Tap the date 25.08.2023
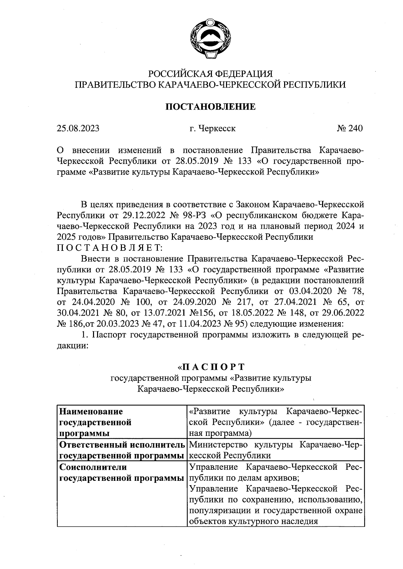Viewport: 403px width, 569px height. tap(78, 128)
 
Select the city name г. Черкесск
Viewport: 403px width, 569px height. tap(212, 128)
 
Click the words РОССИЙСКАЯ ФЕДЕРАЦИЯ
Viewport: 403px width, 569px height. tap(210, 73)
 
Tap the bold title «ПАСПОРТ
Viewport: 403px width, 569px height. tap(211, 366)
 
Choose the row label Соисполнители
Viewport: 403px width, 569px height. tap(93, 467)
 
